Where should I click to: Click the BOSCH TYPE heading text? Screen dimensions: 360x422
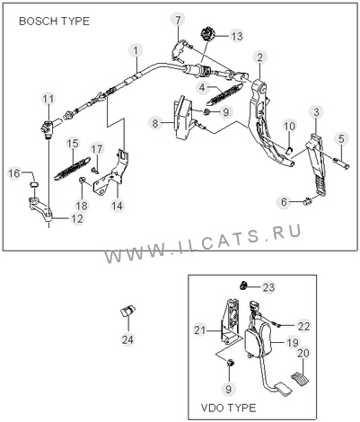pyautogui.click(x=54, y=22)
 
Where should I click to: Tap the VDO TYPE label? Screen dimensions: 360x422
pyautogui.click(x=228, y=408)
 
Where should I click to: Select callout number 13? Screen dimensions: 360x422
pyautogui.click(x=236, y=36)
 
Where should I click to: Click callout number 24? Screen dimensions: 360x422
pyautogui.click(x=127, y=339)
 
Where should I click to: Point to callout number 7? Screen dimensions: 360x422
pyautogui.click(x=178, y=21)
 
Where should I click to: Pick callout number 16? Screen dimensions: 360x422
pyautogui.click(x=13, y=173)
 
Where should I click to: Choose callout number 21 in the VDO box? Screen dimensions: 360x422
pyautogui.click(x=200, y=330)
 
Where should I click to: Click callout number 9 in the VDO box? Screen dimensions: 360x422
pyautogui.click(x=229, y=389)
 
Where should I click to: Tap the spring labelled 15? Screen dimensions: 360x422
pyautogui.click(x=72, y=169)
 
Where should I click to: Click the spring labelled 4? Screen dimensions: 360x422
pyautogui.click(x=227, y=92)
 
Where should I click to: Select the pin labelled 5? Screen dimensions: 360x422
pyautogui.click(x=341, y=163)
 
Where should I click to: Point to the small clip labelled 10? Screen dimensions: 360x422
pyautogui.click(x=289, y=151)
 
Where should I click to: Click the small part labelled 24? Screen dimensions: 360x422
pyautogui.click(x=127, y=311)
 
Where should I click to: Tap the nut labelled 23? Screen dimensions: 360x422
pyautogui.click(x=244, y=285)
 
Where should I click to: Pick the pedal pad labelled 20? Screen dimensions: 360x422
pyautogui.click(x=300, y=377)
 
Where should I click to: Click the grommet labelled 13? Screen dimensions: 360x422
pyautogui.click(x=207, y=33)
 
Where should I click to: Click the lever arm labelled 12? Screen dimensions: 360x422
pyautogui.click(x=41, y=209)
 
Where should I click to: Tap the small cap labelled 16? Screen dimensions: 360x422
pyautogui.click(x=34, y=183)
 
